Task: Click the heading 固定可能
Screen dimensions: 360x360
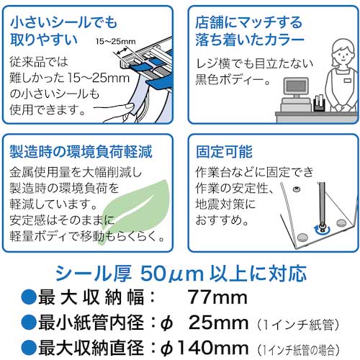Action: pos(222,152)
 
